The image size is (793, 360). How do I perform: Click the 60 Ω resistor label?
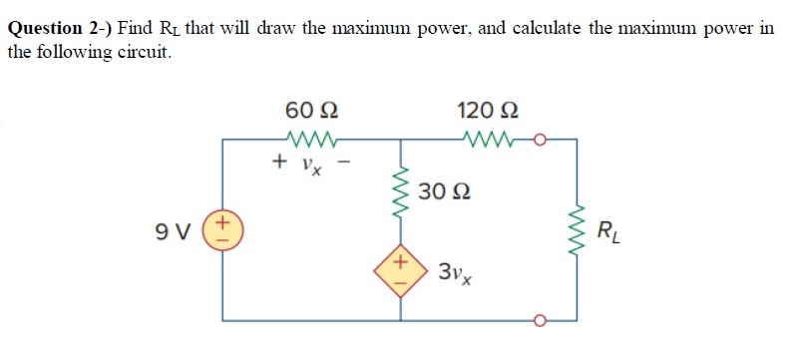coord(316,110)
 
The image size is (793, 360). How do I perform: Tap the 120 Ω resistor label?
coord(487,110)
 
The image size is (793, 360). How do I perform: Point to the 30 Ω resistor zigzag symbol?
coord(402,194)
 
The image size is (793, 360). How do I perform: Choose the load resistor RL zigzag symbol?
coord(576,232)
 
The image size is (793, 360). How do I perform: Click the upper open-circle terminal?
coord(540,141)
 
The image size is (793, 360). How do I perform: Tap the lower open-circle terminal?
coord(540,321)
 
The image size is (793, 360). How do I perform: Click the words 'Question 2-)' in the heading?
coord(59,29)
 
